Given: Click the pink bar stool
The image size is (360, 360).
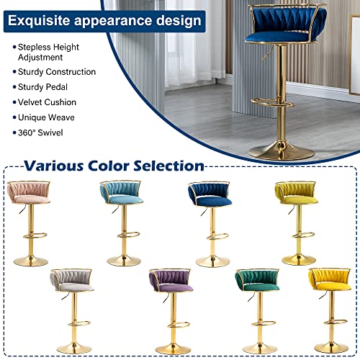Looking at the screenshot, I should pos(31,216).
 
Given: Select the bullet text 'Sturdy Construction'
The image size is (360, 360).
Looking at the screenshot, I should pos(58,72).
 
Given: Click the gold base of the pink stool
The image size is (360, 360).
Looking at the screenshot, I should pos(31,261).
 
